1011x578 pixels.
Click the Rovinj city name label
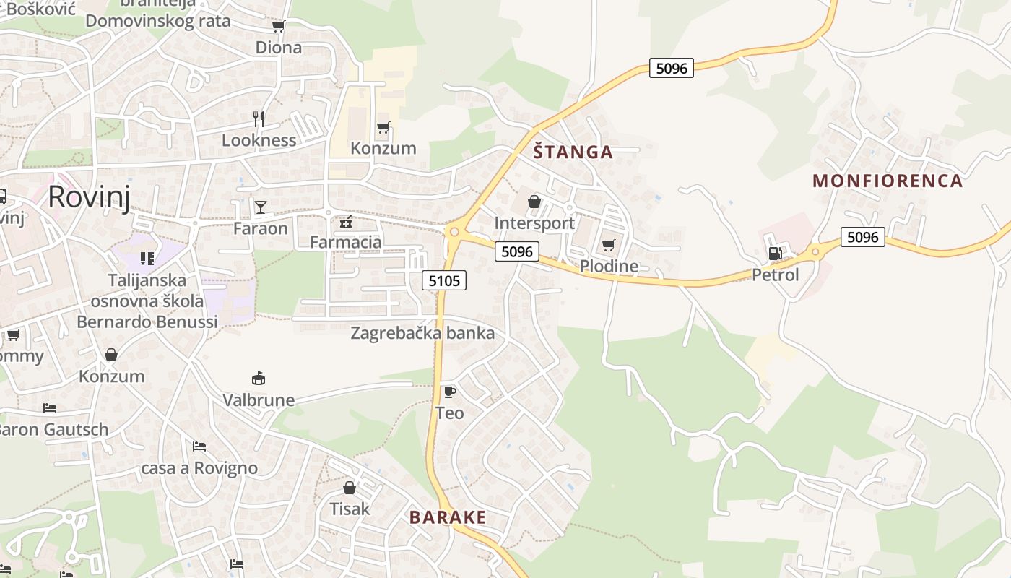(90, 197)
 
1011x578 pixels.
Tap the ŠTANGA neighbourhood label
(573, 152)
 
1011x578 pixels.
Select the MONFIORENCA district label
(888, 181)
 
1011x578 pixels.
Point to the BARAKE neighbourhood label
(448, 517)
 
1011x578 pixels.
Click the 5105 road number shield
(444, 280)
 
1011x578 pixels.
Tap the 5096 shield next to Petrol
(862, 237)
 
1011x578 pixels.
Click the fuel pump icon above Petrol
(775, 254)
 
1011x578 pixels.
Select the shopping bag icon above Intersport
(534, 202)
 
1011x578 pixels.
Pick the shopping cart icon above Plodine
(609, 245)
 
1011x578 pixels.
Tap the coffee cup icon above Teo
(449, 392)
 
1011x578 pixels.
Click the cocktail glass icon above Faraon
(261, 207)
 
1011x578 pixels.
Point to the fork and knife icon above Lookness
(259, 118)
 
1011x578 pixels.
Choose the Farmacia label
(346, 242)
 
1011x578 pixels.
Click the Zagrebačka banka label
(422, 333)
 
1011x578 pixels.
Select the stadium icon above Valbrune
(259, 378)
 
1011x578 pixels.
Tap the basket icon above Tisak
(350, 488)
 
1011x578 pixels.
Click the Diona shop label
(279, 48)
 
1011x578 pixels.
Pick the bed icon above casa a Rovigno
(199, 447)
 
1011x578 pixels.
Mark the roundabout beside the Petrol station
(816, 251)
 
